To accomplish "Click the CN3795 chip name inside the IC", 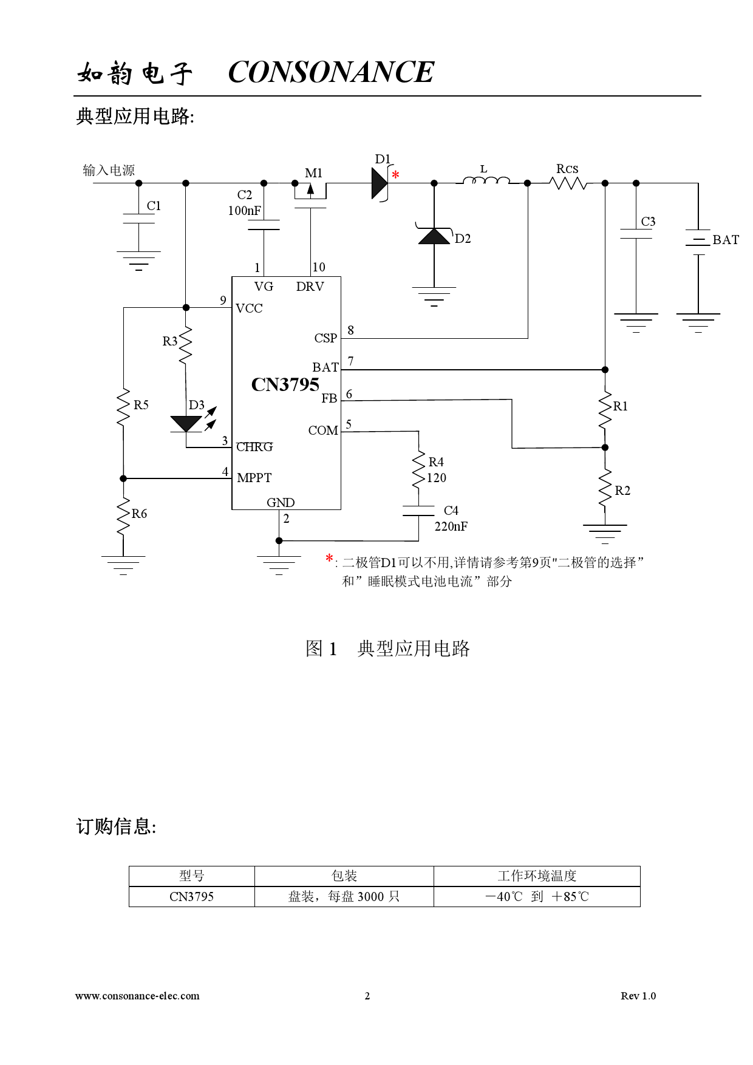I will click(x=285, y=385).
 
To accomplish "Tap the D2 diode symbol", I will click(x=434, y=236).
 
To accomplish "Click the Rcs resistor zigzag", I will click(x=567, y=182).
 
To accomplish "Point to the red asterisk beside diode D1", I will click(x=395, y=175).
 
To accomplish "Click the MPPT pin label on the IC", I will click(x=254, y=478).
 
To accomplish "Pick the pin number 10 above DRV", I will click(x=318, y=267).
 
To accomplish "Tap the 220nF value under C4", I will click(x=451, y=526).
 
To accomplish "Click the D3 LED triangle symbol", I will click(x=186, y=423).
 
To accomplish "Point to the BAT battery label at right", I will click(x=725, y=240).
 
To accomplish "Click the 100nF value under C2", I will click(x=244, y=211).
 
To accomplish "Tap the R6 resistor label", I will click(x=139, y=514).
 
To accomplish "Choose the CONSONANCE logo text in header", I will click(x=331, y=72).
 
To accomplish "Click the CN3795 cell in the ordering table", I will click(x=191, y=897).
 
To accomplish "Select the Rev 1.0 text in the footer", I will click(x=638, y=996).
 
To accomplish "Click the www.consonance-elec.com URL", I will click(x=137, y=996).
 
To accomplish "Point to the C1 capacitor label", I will click(x=154, y=206).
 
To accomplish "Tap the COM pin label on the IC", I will click(x=322, y=430).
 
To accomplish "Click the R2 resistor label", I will click(x=622, y=491).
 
